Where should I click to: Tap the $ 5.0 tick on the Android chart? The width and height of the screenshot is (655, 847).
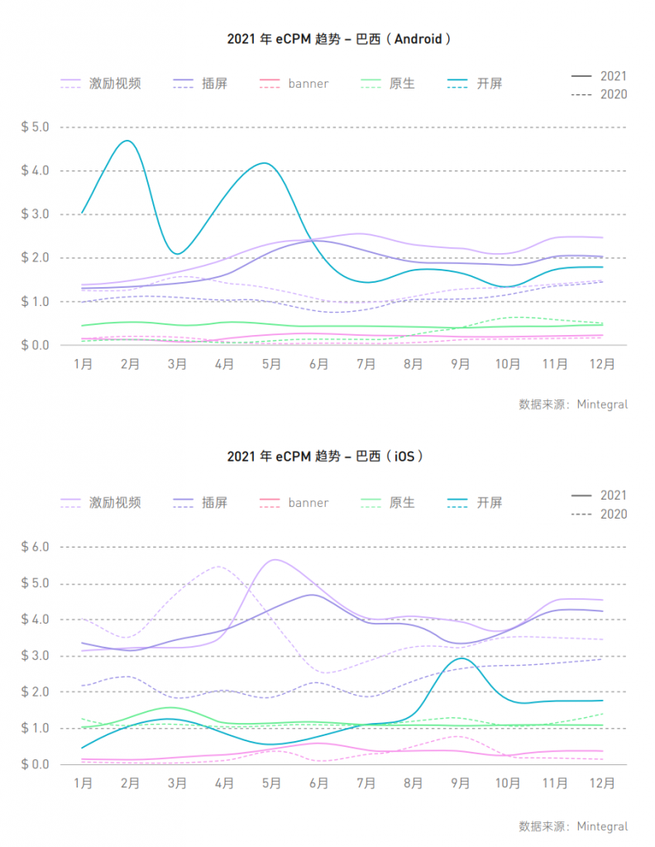[x=35, y=127]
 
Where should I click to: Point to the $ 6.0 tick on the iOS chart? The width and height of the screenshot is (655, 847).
[x=35, y=547]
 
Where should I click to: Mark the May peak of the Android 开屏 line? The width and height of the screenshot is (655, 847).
[x=265, y=163]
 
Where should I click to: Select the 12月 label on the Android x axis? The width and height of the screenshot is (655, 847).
[x=602, y=364]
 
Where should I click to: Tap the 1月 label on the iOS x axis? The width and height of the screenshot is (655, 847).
[x=83, y=782]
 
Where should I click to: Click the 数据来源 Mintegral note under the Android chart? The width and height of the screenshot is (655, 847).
[x=572, y=404]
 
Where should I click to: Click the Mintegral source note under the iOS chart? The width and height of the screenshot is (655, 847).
[x=572, y=825]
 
